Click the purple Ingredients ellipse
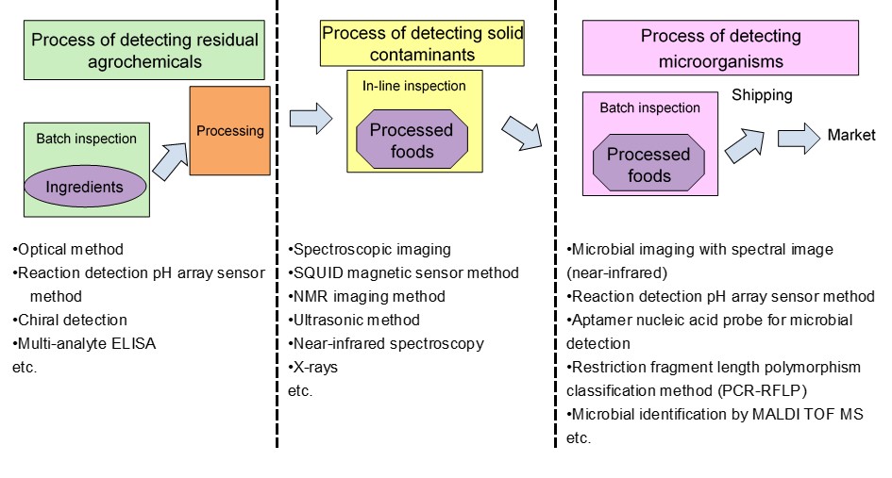pos(85,186)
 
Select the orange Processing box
pos(229,131)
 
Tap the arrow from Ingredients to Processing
pos(170,161)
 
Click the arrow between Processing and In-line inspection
pos(311,119)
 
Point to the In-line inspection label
pos(414,86)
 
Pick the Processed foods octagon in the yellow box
pos(412,140)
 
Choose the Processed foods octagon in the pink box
pos(648,164)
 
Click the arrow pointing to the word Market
pos(799,138)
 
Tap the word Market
pos(851,135)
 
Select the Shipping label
pos(762,95)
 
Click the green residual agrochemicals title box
pos(143,50)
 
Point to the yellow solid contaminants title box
pos(422,43)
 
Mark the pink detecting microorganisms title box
pos(720,48)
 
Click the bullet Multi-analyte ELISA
pos(84,343)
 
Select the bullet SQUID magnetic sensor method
pos(403,272)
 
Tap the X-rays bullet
pos(312,367)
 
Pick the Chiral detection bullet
pos(70,320)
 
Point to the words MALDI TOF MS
pos(808,414)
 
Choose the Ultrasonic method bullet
pos(354,320)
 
